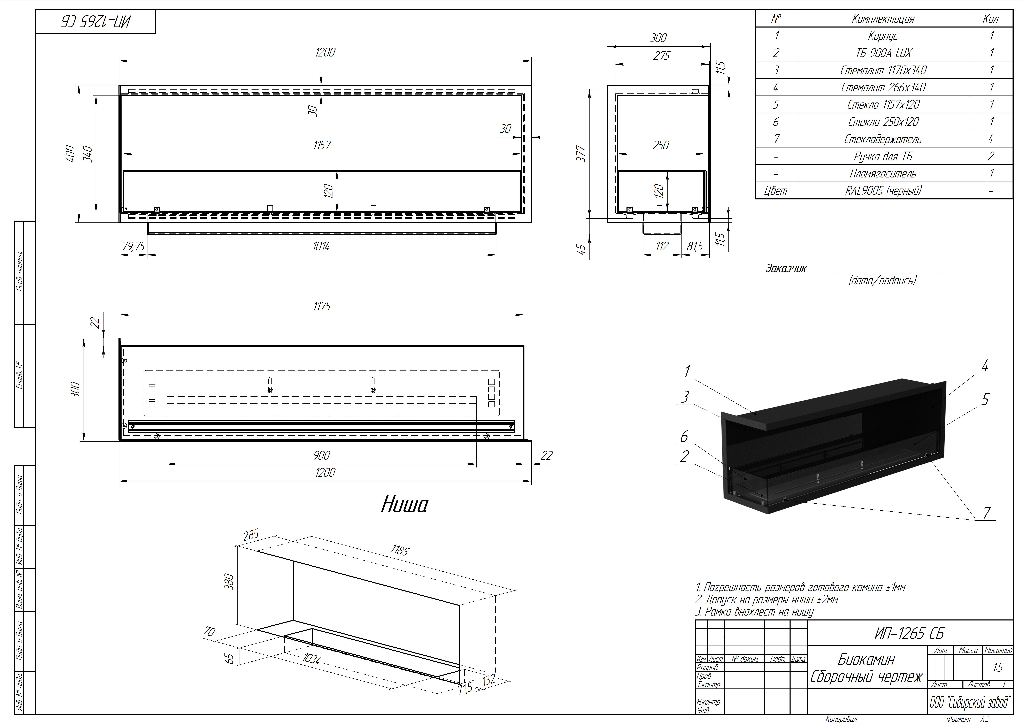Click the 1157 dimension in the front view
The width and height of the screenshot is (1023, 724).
click(322, 145)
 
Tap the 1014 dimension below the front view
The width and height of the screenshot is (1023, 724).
click(321, 246)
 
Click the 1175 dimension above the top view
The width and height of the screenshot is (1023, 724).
click(322, 306)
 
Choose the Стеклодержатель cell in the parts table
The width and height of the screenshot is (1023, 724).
click(883, 139)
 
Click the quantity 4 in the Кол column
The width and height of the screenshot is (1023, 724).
click(990, 139)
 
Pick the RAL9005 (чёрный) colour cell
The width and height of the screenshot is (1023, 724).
click(883, 191)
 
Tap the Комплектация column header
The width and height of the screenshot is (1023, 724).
click(883, 19)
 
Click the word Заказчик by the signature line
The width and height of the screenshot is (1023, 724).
click(785, 269)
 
